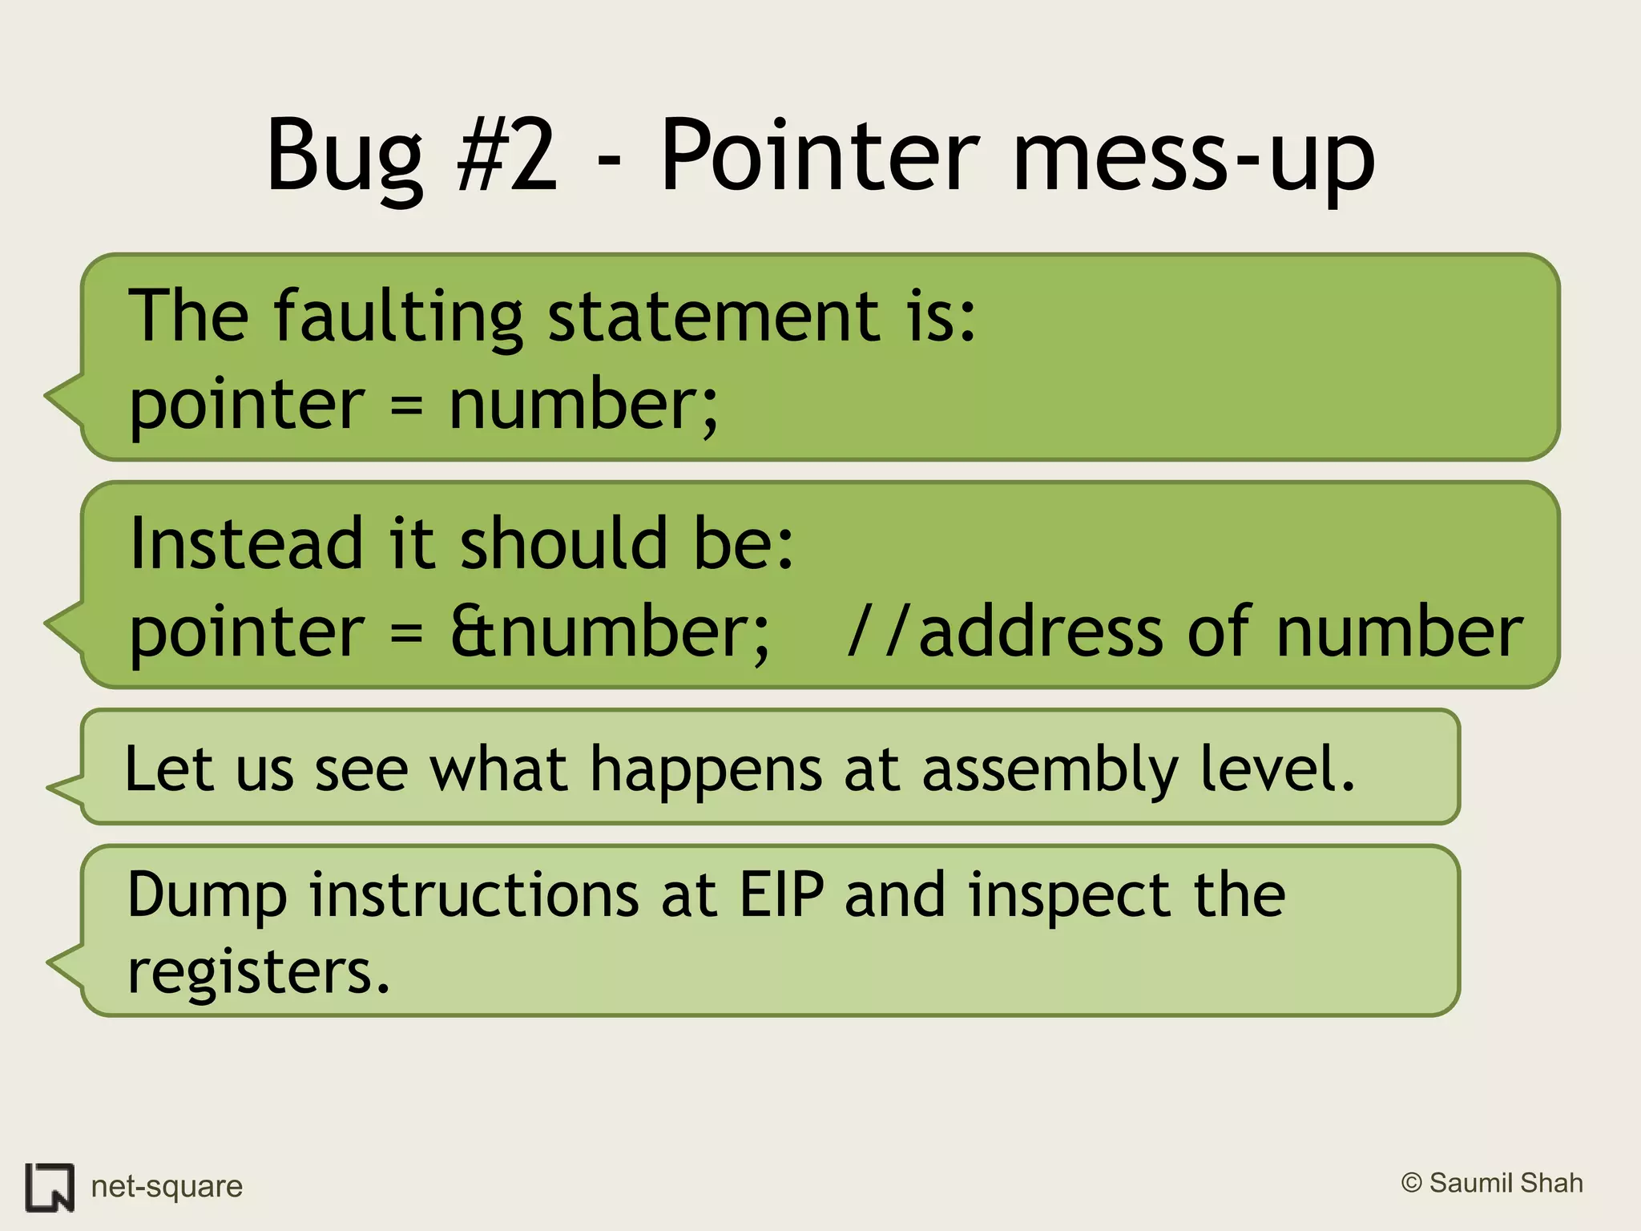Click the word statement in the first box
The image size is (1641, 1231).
coord(713,316)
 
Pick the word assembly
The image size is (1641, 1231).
coord(1050,769)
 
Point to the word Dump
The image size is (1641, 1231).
coord(207,896)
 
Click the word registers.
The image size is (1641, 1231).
coord(258,971)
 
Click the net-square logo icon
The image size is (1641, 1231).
coord(50,1186)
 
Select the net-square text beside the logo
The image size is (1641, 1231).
coord(167,1186)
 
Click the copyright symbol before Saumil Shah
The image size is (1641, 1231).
coord(1412,1183)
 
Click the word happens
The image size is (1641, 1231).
coord(706,769)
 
